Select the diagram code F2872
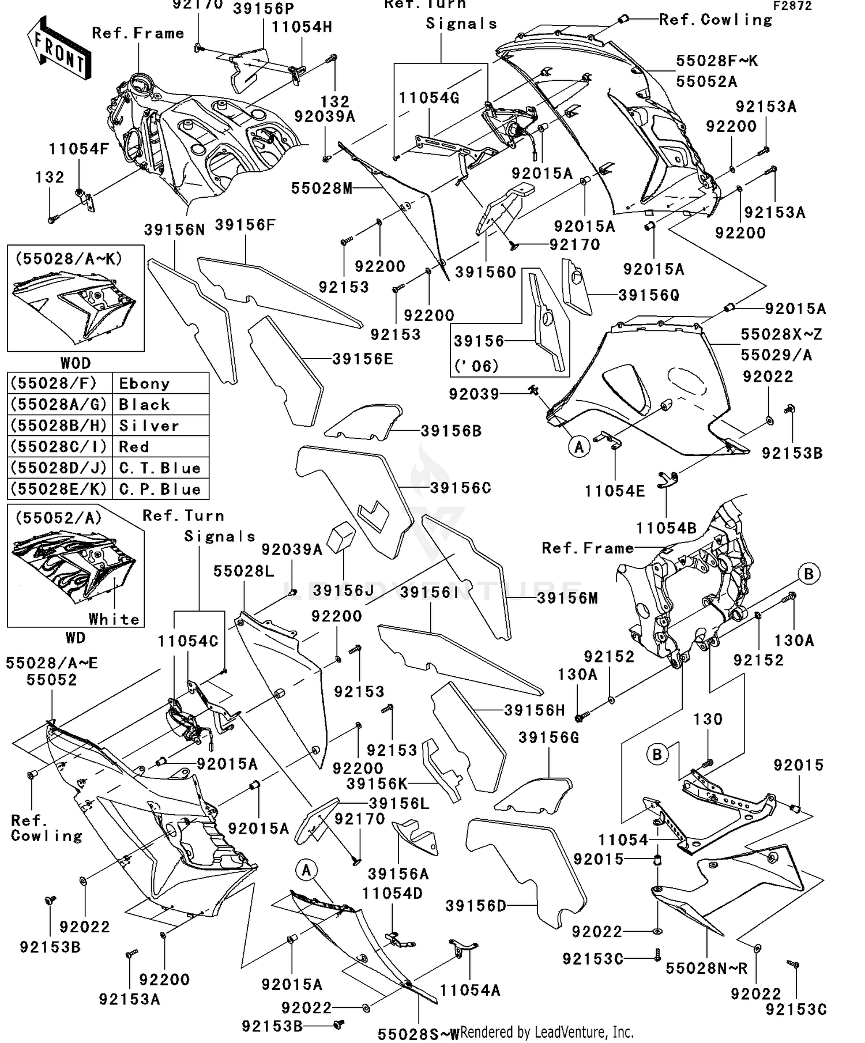(x=792, y=6)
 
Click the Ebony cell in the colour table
(x=144, y=384)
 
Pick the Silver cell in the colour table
(x=149, y=426)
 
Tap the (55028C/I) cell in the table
(x=59, y=447)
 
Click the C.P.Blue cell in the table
(x=160, y=490)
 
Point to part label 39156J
(x=344, y=591)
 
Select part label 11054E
(x=615, y=491)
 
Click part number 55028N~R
(x=706, y=968)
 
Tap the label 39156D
(x=476, y=906)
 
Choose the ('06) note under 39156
(x=476, y=366)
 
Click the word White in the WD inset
(x=114, y=619)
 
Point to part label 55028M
(x=321, y=189)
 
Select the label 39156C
(x=461, y=488)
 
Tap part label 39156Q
(x=649, y=295)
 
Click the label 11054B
(x=666, y=528)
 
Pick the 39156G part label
(x=548, y=737)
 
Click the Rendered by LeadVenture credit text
(x=547, y=1031)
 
